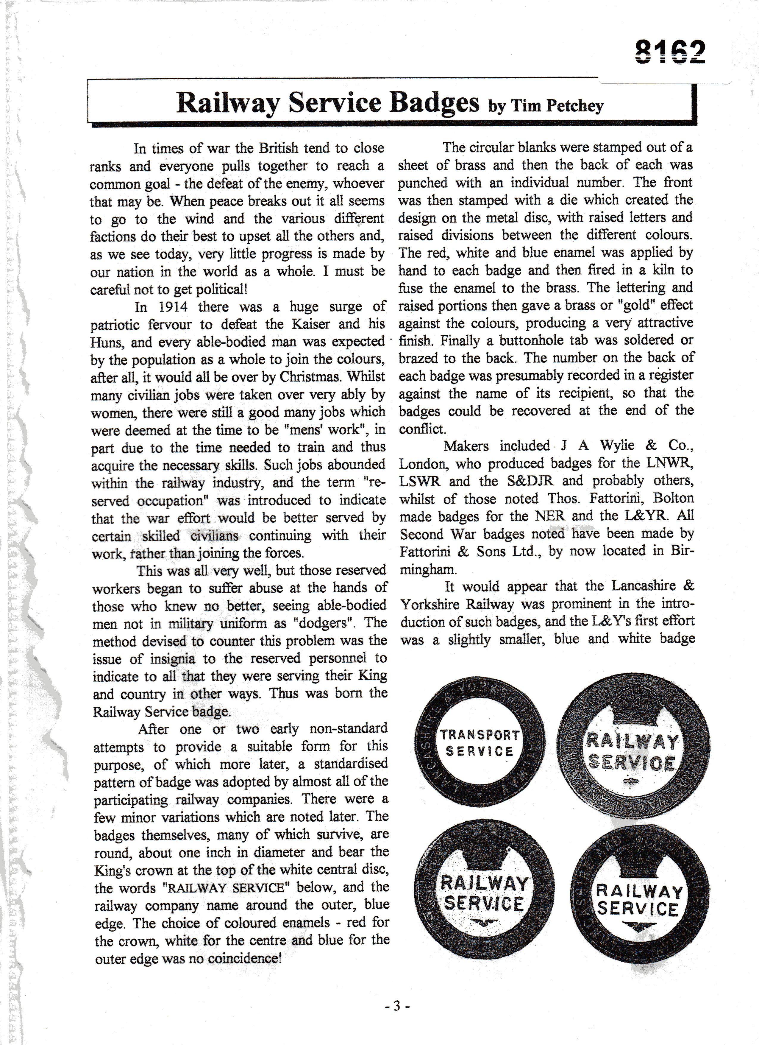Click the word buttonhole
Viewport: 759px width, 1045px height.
pyautogui.click(x=508, y=340)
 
